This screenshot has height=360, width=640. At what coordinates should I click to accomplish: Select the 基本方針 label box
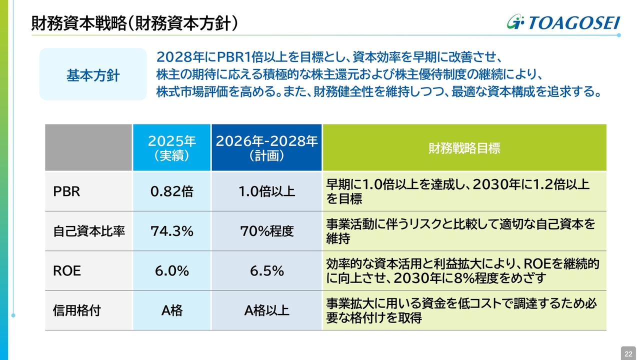(x=93, y=75)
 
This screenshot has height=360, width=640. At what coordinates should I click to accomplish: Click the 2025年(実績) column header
(x=171, y=148)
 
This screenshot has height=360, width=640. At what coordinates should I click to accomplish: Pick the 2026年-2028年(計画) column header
(x=266, y=148)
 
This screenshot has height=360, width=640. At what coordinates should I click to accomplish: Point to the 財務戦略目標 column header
(x=464, y=148)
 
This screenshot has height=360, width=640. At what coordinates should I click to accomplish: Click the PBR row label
(x=66, y=191)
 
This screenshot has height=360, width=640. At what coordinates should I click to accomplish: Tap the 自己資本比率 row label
(x=89, y=231)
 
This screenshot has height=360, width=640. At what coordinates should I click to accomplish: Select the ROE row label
(x=67, y=271)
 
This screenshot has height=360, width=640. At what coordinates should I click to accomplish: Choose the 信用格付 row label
(x=77, y=310)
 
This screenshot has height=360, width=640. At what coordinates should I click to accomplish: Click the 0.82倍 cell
(x=171, y=191)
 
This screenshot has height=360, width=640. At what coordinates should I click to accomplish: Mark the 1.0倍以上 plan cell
(x=266, y=191)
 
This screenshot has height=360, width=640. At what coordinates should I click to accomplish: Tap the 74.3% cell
(x=171, y=231)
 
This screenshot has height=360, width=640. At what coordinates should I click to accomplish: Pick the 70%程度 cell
(x=266, y=231)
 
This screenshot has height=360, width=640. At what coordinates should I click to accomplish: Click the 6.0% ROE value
(x=171, y=271)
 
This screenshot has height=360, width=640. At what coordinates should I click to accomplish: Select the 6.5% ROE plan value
(x=266, y=271)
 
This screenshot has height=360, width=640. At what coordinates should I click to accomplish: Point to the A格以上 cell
(x=266, y=310)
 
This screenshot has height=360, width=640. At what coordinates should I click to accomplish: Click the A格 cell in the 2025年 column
(x=171, y=310)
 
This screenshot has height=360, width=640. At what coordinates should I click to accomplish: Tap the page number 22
(x=628, y=353)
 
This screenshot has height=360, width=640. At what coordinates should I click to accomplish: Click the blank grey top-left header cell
(x=88, y=148)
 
